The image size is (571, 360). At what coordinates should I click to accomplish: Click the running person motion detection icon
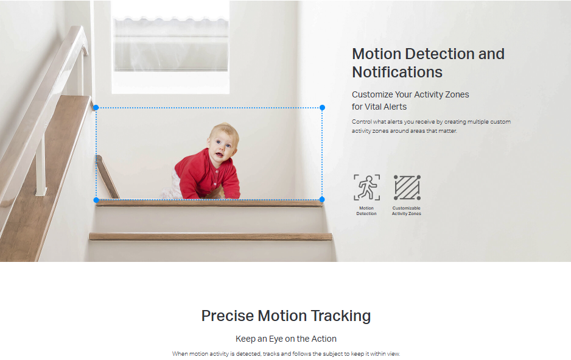point(366,187)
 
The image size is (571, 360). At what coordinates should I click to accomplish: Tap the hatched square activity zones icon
point(407,187)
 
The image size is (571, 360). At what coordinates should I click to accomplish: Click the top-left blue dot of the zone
point(96,107)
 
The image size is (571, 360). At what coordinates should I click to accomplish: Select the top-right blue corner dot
point(322,107)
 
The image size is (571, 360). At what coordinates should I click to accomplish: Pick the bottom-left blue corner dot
point(96,200)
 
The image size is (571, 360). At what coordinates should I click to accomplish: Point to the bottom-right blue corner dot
point(322,199)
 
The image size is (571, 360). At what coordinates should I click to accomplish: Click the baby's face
point(221,147)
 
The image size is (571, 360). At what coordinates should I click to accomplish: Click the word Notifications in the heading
point(397,72)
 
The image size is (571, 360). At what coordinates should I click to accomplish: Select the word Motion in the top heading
point(377,54)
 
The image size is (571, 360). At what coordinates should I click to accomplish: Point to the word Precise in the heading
point(228,316)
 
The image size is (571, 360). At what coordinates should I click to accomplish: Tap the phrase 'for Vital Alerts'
point(379,107)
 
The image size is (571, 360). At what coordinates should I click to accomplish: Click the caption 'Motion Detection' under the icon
point(366,211)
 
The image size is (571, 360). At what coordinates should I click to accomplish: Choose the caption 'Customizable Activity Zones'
point(407,211)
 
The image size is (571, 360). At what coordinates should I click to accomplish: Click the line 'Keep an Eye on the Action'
point(286,339)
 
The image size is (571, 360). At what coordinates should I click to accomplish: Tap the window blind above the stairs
point(171,44)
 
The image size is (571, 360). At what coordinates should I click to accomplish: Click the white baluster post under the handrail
point(40,164)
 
